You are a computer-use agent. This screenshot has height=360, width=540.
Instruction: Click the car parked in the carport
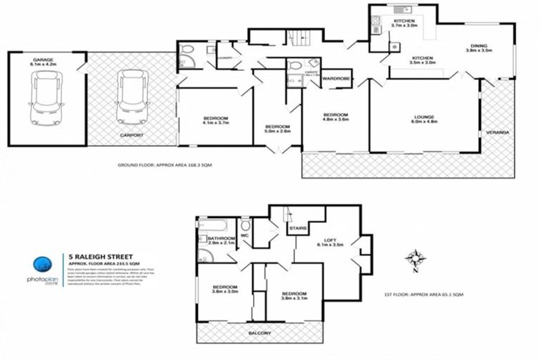[x=131, y=98]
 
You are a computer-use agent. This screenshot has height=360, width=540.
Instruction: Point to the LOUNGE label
[x=423, y=119]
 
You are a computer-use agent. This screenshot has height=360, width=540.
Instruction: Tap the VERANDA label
[x=498, y=132]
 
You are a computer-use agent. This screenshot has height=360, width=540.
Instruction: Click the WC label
[x=246, y=226]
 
